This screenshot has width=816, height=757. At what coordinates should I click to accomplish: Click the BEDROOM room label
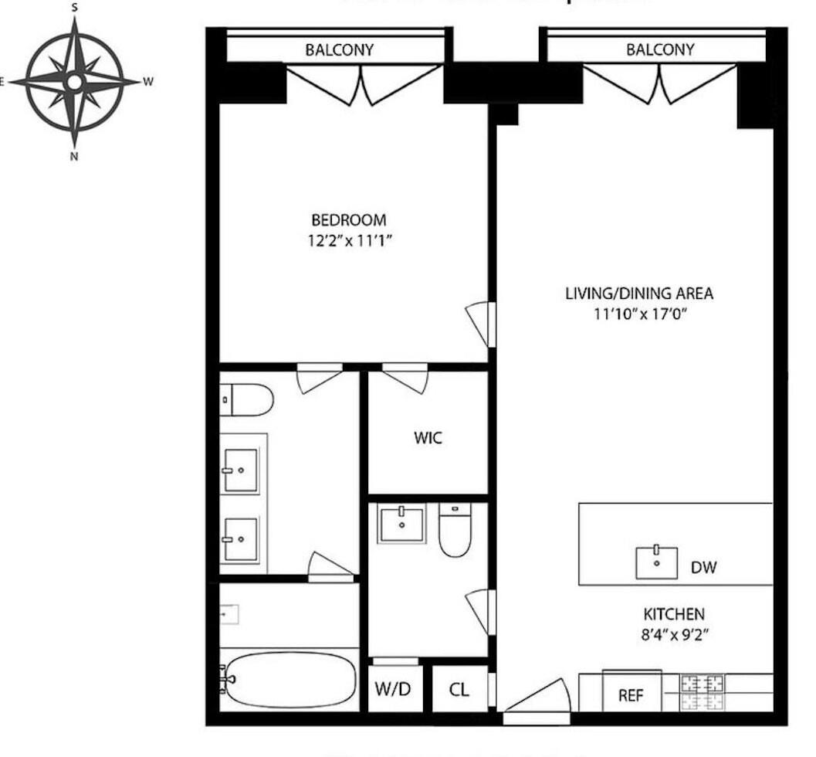pos(348,220)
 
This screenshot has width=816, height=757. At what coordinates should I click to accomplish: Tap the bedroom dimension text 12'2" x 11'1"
pos(348,239)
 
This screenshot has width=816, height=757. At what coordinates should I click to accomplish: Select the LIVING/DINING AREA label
pos(639,294)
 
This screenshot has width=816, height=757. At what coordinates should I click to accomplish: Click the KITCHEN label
pos(674,615)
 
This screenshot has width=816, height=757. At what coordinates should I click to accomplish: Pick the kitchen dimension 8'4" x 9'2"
pos(674,636)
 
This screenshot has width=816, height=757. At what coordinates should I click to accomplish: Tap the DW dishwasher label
pos(703,568)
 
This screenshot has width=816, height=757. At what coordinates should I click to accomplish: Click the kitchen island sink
pos(656,562)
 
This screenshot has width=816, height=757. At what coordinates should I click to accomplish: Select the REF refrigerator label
pos(631,695)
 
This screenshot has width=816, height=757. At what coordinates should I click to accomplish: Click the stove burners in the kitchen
pos(703,692)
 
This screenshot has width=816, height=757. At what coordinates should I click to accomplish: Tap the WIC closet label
pos(427,438)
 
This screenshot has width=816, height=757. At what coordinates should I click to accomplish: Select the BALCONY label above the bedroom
pos(339,51)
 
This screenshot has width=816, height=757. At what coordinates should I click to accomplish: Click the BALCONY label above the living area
pos(660,51)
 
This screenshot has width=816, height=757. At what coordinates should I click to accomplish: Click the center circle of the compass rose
pos(74,81)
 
